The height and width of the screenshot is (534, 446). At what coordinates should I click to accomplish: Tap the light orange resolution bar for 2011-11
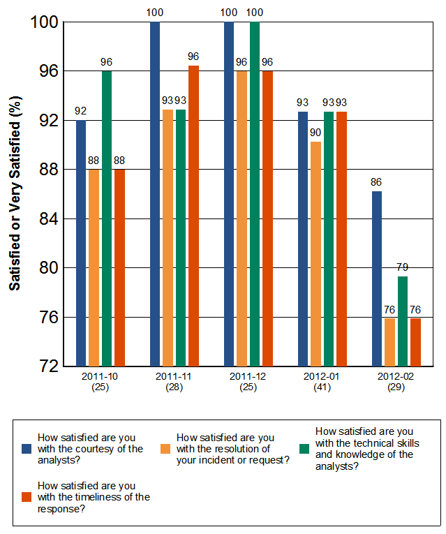pyautogui.click(x=168, y=238)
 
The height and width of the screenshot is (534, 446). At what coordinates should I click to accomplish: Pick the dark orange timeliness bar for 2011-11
pyautogui.click(x=193, y=216)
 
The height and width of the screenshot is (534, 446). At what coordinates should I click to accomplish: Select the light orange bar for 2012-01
pyautogui.click(x=316, y=254)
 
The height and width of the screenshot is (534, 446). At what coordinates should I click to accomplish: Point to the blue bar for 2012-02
pyautogui.click(x=377, y=279)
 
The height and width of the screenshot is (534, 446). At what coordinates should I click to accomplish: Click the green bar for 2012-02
pyautogui.click(x=403, y=321)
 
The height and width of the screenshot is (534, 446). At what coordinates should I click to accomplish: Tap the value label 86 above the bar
pyautogui.click(x=377, y=183)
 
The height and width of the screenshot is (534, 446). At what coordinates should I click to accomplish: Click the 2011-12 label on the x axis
pyautogui.click(x=242, y=378)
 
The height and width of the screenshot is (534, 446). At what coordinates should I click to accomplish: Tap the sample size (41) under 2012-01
pyautogui.click(x=316, y=388)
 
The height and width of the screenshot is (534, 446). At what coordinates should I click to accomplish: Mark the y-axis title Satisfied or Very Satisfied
pyautogui.click(x=15, y=194)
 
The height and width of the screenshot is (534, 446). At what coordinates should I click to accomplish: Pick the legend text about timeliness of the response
pyautogui.click(x=94, y=497)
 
